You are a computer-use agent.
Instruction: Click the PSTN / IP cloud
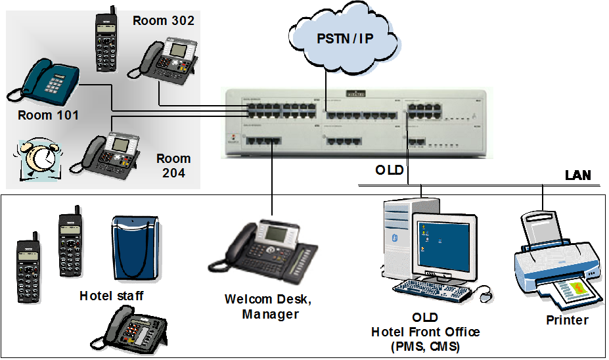click(x=344, y=39)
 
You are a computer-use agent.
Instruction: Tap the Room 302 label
click(x=164, y=20)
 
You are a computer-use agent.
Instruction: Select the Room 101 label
click(x=48, y=116)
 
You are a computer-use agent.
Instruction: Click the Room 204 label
click(x=173, y=166)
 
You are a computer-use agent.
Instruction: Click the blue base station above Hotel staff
click(x=136, y=248)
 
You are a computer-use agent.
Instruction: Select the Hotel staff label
click(x=111, y=296)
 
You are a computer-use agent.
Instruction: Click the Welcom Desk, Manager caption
click(x=268, y=307)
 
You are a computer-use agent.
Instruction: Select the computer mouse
click(x=486, y=296)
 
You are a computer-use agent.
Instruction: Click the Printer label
click(x=567, y=320)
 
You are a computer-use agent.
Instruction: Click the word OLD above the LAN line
click(x=390, y=170)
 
